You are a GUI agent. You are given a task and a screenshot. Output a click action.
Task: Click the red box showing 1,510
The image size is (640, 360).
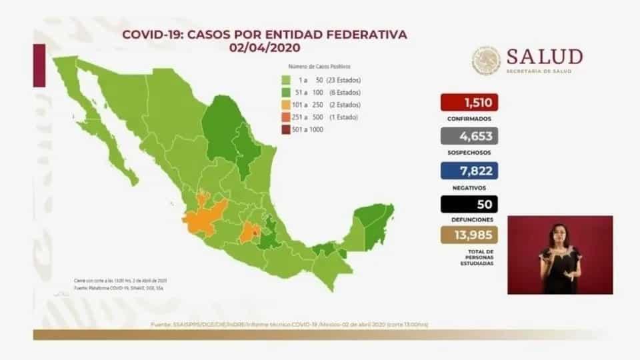tap(469, 103)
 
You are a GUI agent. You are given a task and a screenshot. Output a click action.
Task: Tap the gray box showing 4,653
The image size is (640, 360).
tap(469, 137)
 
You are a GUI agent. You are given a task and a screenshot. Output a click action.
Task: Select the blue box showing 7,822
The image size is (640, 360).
tap(469, 171)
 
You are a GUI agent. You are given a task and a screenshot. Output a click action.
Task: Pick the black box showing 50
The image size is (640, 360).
tap(469, 205)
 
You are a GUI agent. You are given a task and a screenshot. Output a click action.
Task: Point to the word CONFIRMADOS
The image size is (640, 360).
tap(469, 119)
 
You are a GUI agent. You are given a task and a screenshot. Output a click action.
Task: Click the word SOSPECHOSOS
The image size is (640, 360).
tap(469, 153)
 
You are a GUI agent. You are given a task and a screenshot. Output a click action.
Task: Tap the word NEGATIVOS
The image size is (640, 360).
tap(469, 187)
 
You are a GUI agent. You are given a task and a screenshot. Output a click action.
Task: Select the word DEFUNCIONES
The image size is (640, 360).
tap(469, 219)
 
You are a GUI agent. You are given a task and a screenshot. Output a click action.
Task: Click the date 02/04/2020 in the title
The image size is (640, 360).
tap(265, 47)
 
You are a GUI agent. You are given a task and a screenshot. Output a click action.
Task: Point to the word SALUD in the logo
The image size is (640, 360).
tap(545, 57)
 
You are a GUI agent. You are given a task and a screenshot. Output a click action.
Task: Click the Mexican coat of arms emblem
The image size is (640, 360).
tap(486, 61)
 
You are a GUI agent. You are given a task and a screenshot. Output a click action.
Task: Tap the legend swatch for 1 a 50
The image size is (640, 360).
tap(285, 79)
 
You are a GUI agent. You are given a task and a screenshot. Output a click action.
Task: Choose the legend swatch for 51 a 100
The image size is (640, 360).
tap(285, 92)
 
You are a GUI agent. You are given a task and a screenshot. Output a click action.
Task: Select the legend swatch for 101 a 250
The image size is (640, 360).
tap(285, 105)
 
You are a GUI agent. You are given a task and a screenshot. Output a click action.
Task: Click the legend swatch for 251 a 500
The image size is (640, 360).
tap(285, 117)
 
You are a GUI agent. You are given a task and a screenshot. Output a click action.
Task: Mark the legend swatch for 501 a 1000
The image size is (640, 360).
tap(285, 129)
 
